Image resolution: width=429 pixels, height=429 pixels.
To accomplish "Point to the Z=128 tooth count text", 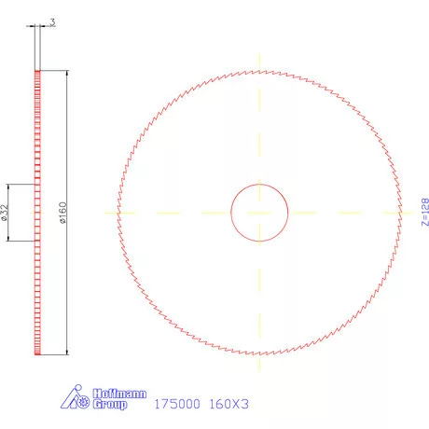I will coord(424,213).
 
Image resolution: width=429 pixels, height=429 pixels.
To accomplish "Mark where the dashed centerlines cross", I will coord(259,213).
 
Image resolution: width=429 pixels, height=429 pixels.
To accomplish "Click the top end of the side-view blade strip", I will coord(38,71).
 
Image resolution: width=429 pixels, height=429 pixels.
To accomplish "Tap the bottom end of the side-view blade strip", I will coord(38,354).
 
